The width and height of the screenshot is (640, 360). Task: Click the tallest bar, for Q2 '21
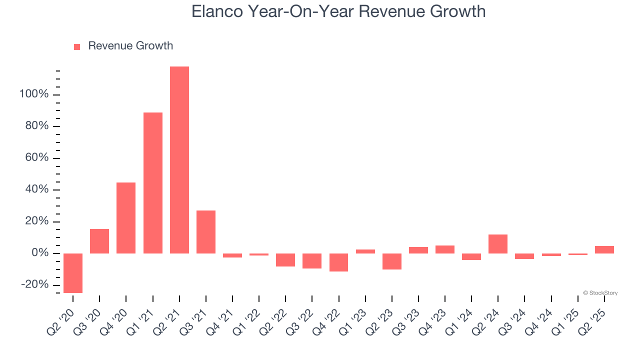pos(179,160)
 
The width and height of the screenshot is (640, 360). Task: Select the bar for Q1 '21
pos(153,183)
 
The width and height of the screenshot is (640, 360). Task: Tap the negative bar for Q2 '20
pos(73,273)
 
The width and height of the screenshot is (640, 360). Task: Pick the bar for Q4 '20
pos(126,218)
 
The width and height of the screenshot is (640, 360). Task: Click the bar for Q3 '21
pos(206,232)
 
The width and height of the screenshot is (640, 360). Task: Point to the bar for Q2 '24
pos(498,244)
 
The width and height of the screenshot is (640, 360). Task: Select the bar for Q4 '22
pos(338,262)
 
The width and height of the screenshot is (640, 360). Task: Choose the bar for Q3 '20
pos(99,241)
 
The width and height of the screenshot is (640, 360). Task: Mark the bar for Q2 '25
pos(604,249)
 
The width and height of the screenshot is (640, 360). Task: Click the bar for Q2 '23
pos(392,261)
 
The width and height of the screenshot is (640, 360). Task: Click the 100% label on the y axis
pos(34,94)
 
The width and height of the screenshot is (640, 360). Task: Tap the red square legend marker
pos(77,47)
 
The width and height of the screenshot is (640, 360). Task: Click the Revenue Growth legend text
pos(130,46)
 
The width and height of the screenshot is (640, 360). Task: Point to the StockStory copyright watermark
pos(600,293)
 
